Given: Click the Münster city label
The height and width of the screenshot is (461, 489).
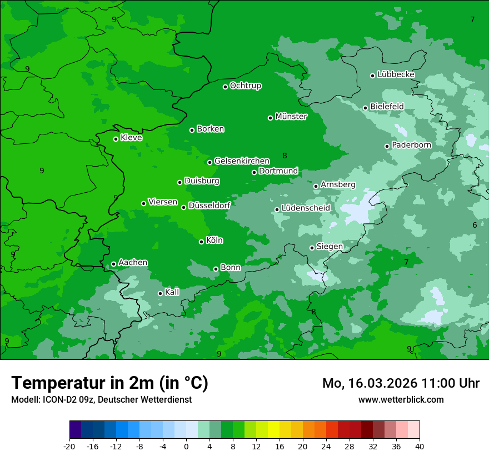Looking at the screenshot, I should (291, 117).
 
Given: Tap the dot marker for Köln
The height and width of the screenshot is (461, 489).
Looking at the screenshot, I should (201, 242).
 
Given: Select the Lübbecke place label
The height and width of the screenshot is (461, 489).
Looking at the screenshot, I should (396, 74).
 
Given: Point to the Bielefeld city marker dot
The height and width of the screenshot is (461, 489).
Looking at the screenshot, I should (365, 108).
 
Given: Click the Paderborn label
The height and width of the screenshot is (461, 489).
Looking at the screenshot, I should (411, 145).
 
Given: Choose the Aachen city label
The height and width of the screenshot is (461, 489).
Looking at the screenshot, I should (133, 263).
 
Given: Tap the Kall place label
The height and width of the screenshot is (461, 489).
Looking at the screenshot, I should (172, 292).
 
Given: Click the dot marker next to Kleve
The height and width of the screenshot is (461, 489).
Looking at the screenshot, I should (116, 139).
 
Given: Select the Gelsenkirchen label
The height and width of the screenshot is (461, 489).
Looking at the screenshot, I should (242, 161).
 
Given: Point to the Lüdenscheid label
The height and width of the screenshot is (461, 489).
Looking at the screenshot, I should (306, 208).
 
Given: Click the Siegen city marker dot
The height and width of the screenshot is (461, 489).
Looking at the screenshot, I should (312, 248).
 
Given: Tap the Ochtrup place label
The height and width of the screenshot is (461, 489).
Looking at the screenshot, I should (246, 86).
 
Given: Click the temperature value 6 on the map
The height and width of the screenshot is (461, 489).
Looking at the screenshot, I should (475, 225).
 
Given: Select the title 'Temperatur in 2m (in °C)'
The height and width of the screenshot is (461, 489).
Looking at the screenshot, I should (109, 383).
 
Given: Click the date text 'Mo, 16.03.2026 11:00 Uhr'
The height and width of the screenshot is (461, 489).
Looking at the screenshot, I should (401, 383).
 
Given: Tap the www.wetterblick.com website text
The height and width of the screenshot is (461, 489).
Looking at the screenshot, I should (401, 399).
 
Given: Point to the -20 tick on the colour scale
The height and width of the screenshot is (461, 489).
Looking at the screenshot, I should (69, 446).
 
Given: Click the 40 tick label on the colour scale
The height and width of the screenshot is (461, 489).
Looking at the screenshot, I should (420, 446).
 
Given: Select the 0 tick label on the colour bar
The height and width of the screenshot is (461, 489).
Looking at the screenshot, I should (186, 446).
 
